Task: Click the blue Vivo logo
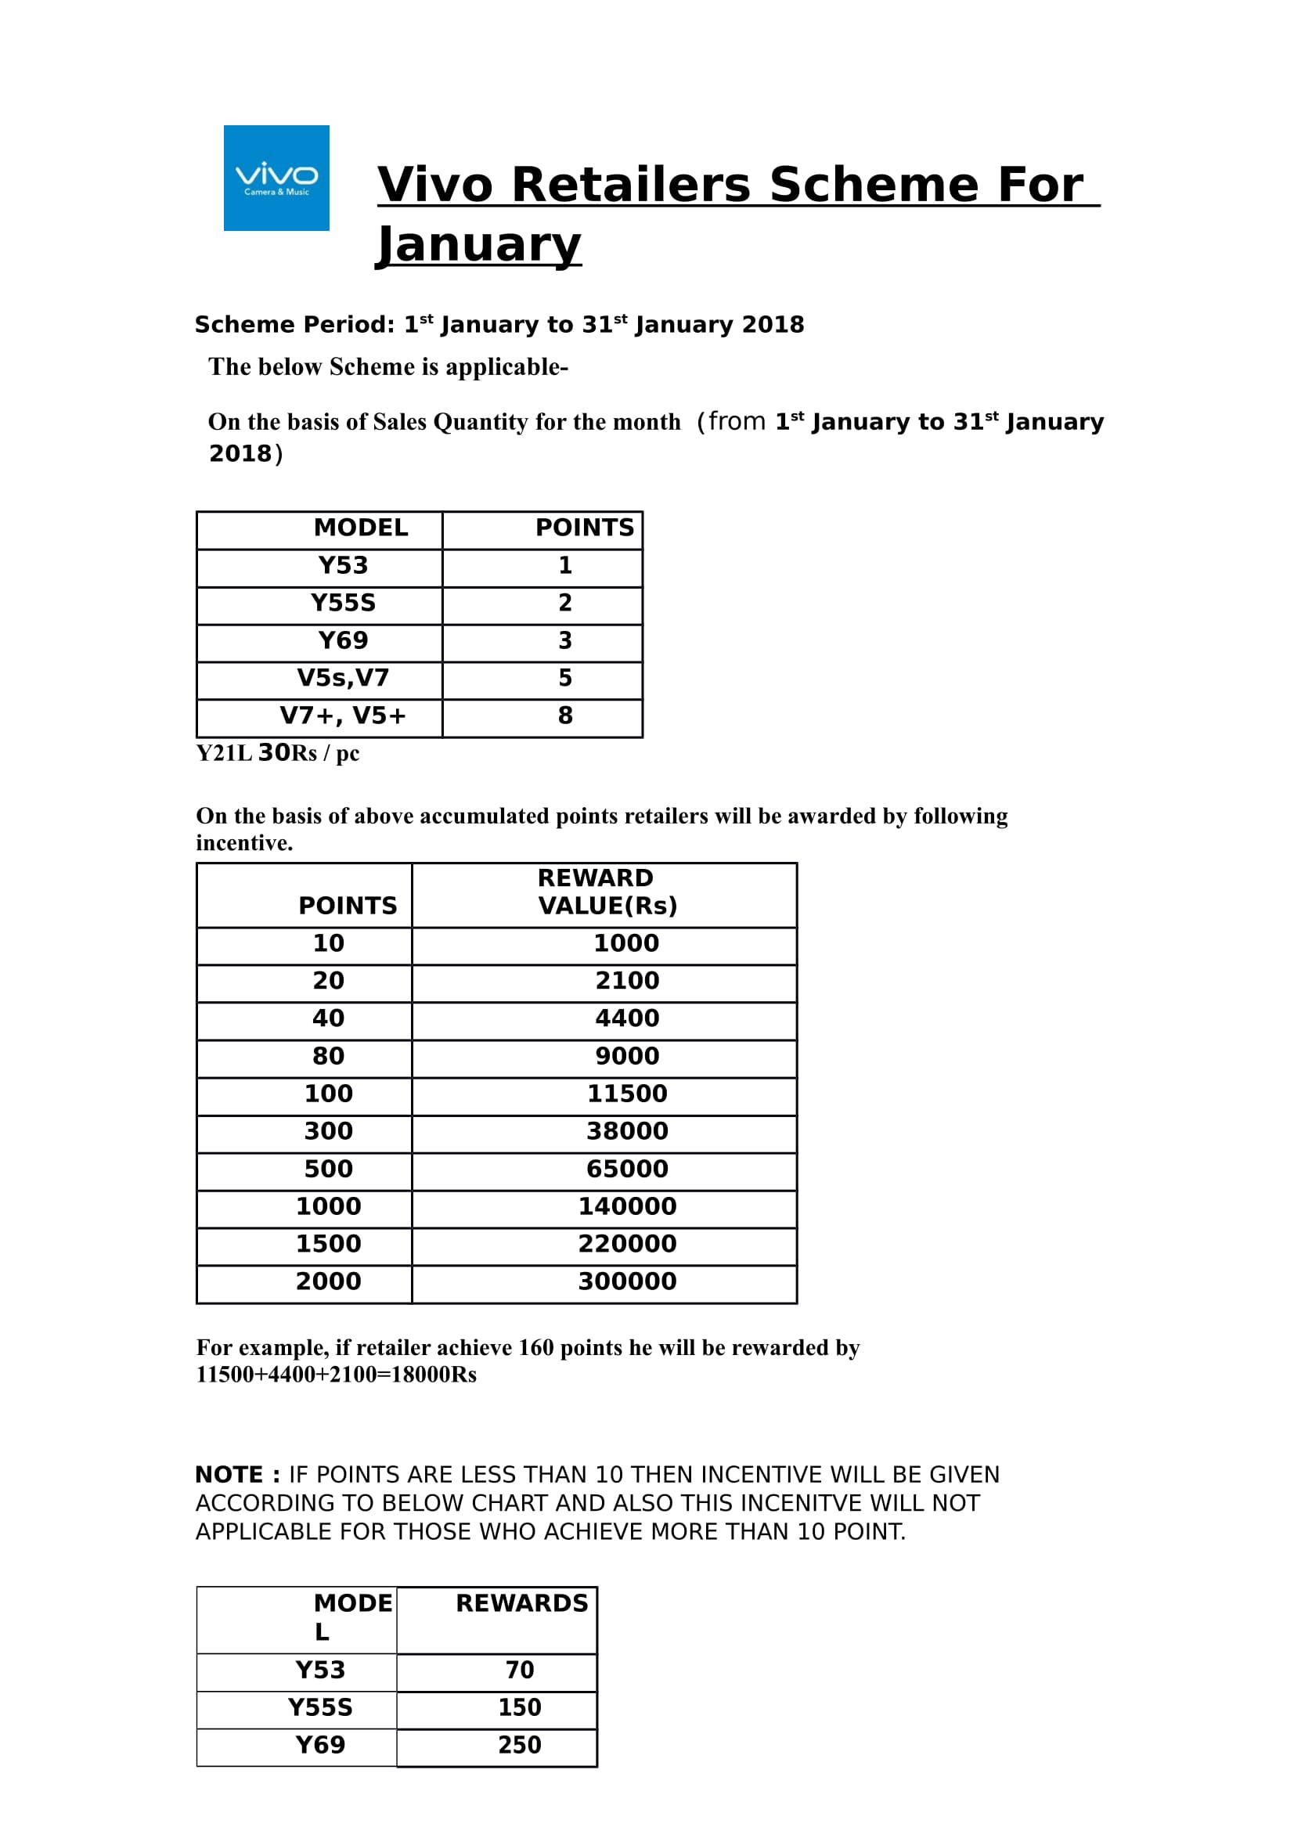coord(276,178)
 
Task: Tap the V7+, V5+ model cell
coord(343,715)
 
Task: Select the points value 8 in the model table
coord(564,715)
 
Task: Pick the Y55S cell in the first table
coord(343,603)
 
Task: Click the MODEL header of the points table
coord(360,528)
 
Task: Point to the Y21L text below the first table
coord(223,753)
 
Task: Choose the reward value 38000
coord(627,1131)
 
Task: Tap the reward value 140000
coord(627,1206)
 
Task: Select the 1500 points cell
coord(329,1243)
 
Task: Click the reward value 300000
coord(627,1281)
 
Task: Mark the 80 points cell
coord(329,1056)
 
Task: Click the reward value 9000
coord(627,1056)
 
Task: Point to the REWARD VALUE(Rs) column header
coord(606,892)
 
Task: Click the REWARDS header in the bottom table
coord(521,1603)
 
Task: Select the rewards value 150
coord(519,1707)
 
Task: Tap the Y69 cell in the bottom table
coord(320,1745)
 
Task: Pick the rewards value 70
coord(519,1670)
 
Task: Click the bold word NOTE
coord(229,1475)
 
